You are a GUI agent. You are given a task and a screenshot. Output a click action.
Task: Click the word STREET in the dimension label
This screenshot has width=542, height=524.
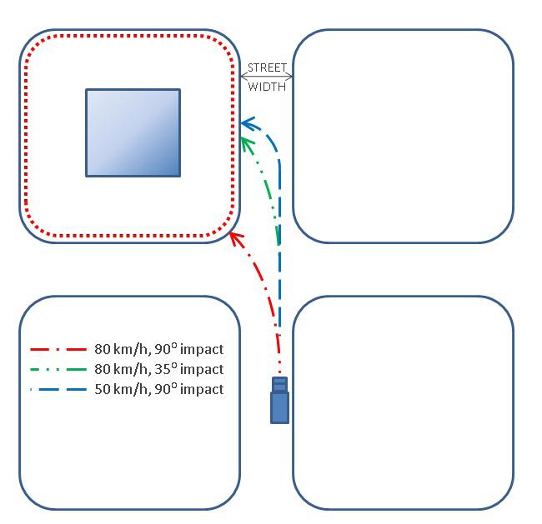(x=267, y=67)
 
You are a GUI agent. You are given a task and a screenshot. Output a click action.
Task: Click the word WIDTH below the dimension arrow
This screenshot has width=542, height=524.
(x=267, y=86)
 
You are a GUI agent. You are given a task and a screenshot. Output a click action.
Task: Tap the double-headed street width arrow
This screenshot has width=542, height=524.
(x=267, y=77)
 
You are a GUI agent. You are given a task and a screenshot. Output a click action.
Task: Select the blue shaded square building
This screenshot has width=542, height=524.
(x=133, y=132)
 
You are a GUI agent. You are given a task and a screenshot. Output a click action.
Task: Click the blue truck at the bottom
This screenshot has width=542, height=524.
(x=280, y=401)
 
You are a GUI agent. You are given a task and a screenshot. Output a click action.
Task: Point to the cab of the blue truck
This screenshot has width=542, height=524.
(x=280, y=385)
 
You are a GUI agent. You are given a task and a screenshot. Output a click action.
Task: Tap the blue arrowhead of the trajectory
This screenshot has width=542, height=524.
(x=246, y=125)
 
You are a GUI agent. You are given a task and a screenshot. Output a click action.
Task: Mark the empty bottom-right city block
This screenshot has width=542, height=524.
(x=402, y=402)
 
